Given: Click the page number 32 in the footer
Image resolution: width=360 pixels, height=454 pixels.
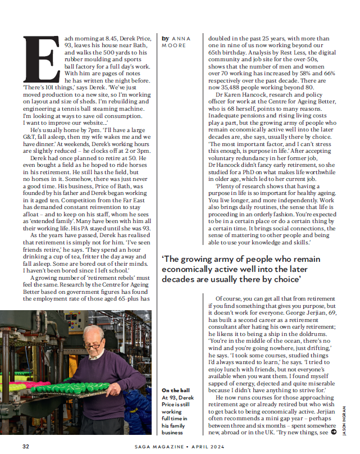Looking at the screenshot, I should pyautogui.click(x=26, y=446).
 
